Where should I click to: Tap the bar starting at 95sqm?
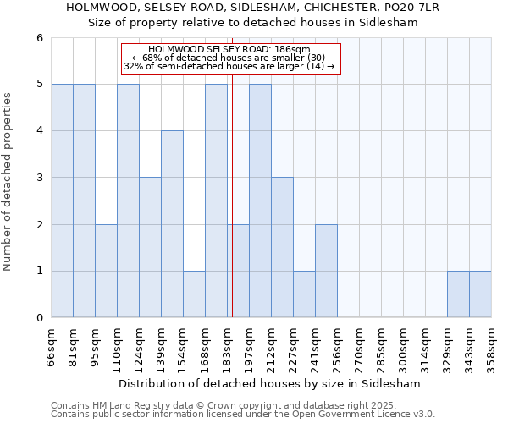(106, 271)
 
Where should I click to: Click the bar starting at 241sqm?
(326, 271)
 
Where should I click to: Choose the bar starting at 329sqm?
(458, 294)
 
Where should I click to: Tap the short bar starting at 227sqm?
(304, 294)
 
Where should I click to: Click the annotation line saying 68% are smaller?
(231, 58)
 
